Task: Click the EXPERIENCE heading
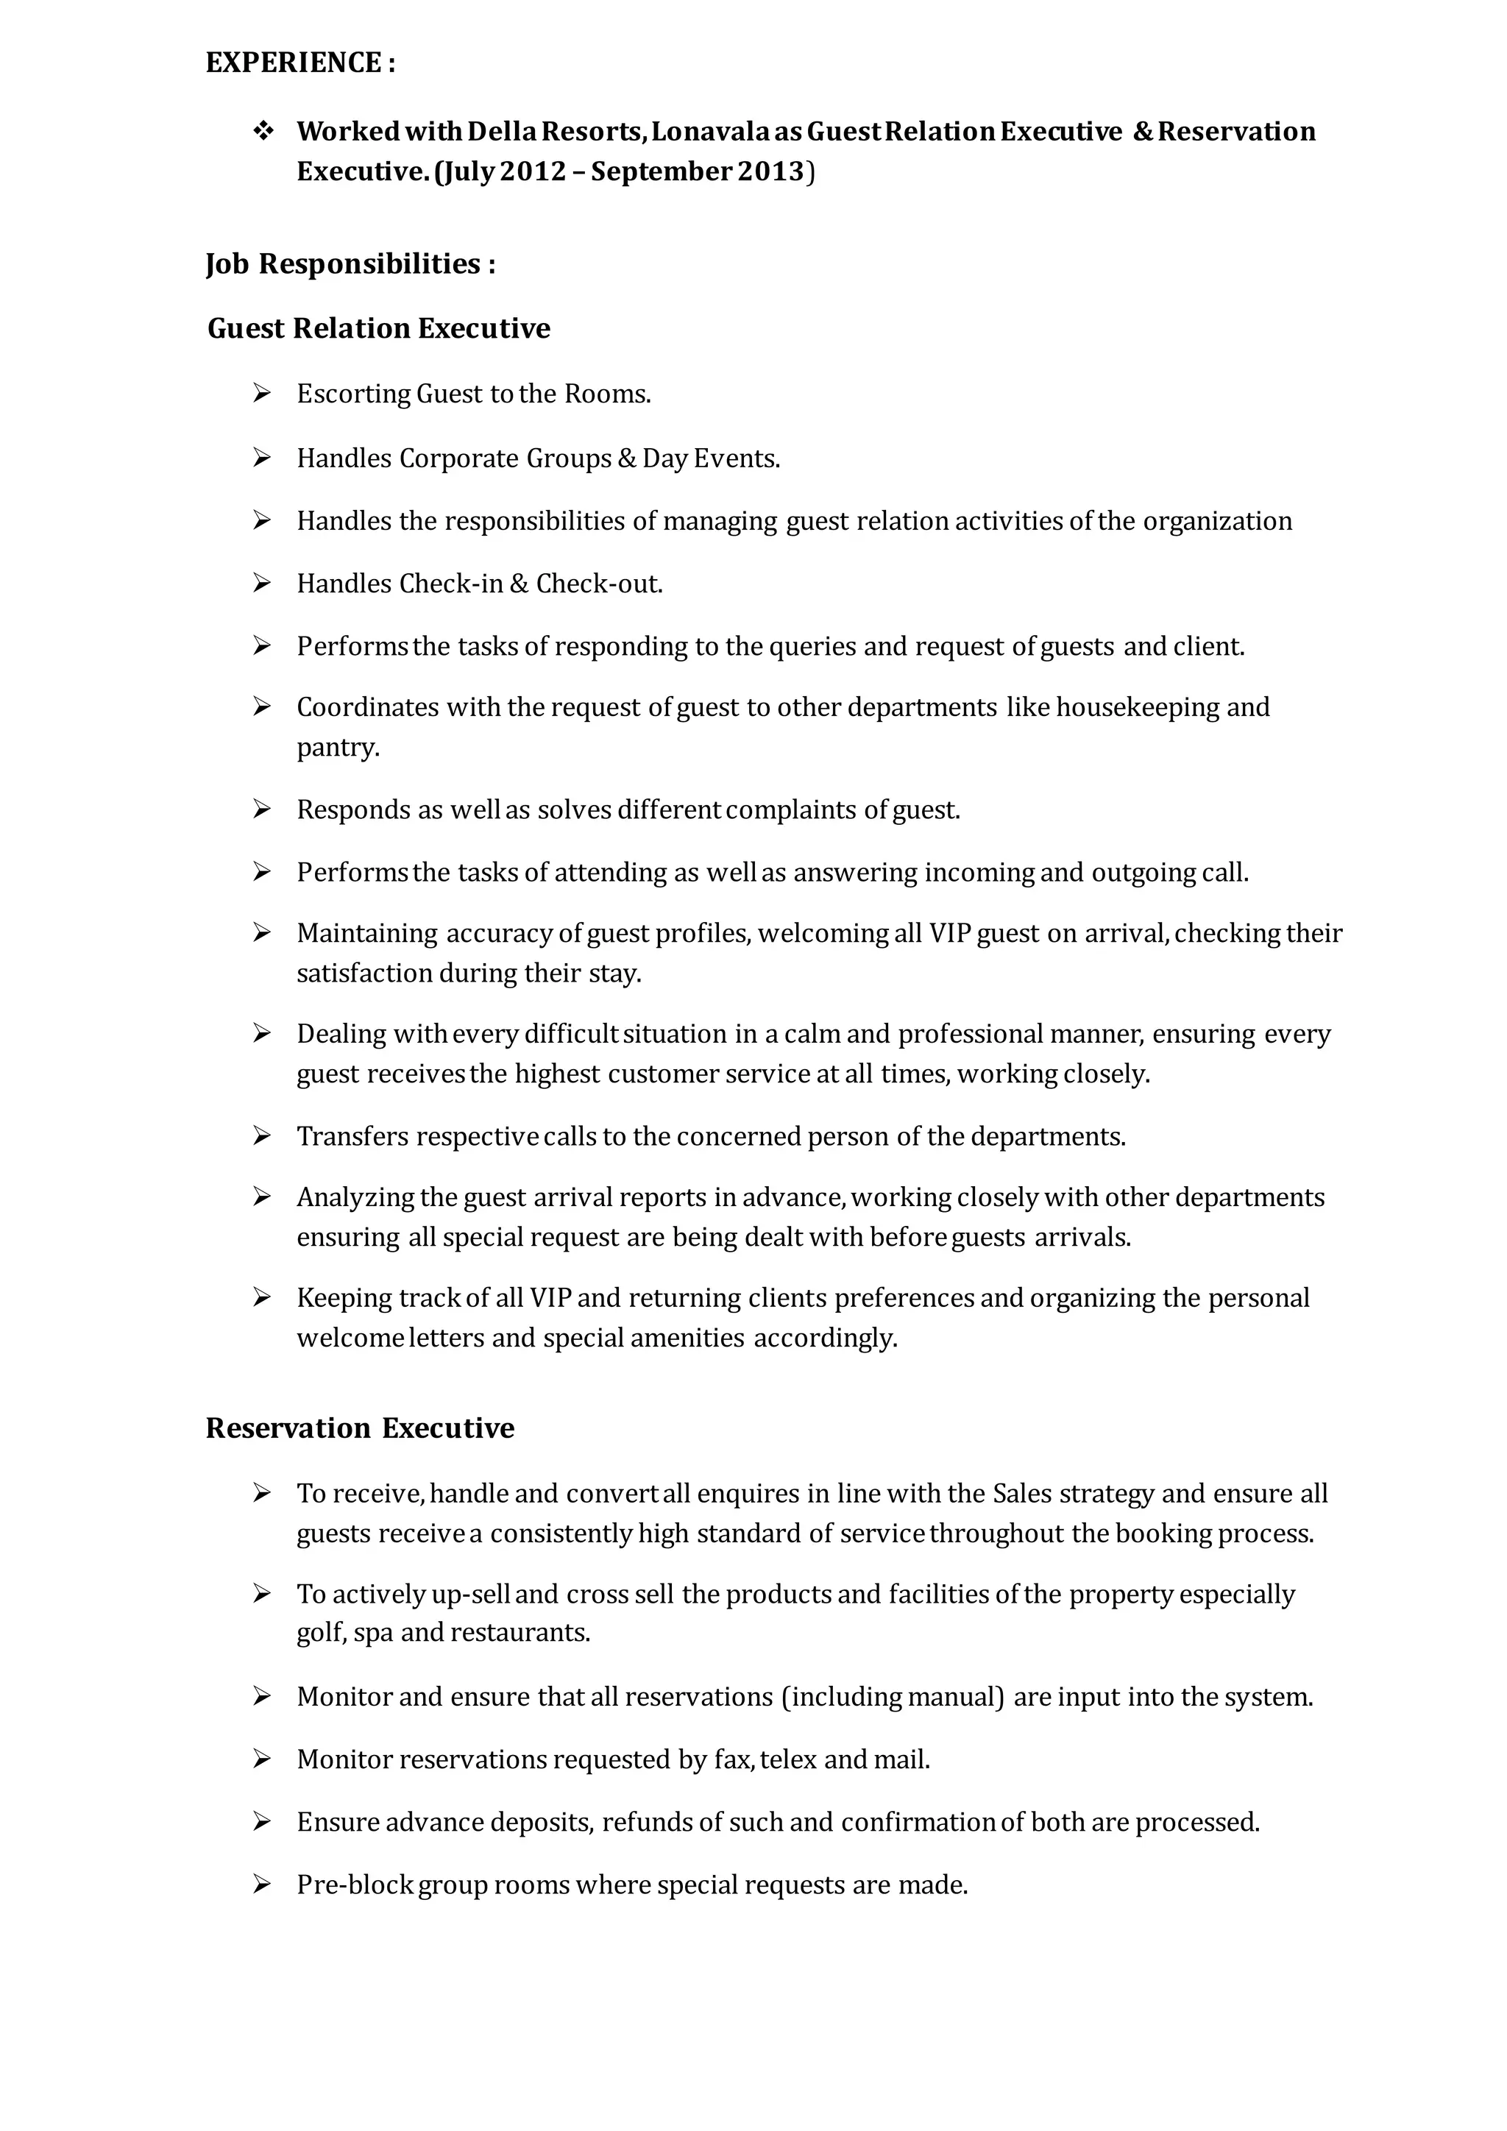[x=299, y=63]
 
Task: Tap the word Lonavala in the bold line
[x=710, y=132]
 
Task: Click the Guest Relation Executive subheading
[x=379, y=329]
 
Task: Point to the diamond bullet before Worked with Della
[x=263, y=131]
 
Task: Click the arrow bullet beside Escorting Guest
[x=262, y=394]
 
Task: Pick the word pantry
[x=337, y=748]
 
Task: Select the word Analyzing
[x=355, y=1198]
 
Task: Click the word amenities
[x=687, y=1338]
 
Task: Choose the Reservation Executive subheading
[x=360, y=1428]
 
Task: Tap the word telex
[x=788, y=1759]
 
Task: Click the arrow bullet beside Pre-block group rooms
[x=262, y=1885]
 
